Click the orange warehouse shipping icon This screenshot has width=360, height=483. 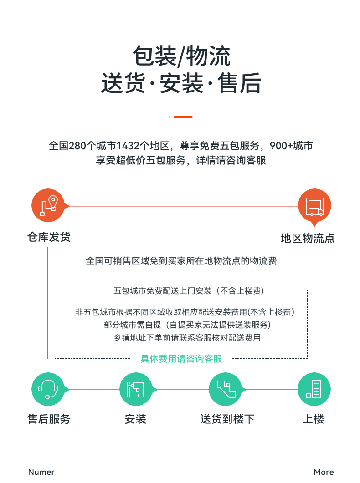point(48,205)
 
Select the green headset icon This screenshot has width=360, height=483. point(48,389)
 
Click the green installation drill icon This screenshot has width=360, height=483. point(136,389)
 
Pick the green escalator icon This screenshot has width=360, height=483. point(226,389)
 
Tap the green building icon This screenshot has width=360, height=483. point(314,389)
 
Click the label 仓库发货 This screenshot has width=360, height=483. point(49,237)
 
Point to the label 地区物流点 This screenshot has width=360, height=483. point(308,238)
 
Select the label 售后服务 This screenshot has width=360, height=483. point(49,419)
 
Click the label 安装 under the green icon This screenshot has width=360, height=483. point(135,419)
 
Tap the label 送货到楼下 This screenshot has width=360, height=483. point(227,419)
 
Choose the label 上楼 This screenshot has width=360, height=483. point(314,419)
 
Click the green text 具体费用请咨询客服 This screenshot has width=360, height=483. point(181,359)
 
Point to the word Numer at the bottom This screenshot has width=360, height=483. point(41,472)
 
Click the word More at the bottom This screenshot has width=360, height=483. point(324,472)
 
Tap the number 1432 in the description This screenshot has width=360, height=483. point(128,145)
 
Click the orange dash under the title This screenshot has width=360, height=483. point(183,117)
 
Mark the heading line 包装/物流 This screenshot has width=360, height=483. point(181,56)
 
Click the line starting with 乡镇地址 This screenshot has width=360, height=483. point(187,338)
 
